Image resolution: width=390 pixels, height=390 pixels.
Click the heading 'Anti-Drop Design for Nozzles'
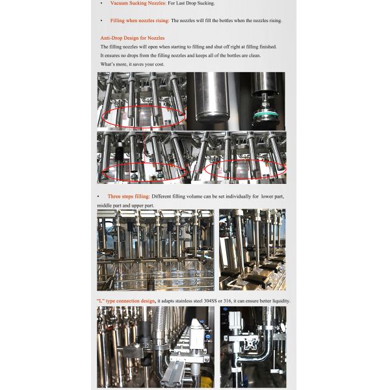(133, 38)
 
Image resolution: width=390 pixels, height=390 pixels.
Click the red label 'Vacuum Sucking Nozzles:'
(138, 3)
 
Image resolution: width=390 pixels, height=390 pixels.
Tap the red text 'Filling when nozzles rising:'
(140, 21)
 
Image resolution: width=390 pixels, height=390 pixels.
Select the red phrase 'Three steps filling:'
(129, 196)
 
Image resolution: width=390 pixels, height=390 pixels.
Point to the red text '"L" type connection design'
(126, 301)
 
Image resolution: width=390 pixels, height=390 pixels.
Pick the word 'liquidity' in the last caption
(281, 301)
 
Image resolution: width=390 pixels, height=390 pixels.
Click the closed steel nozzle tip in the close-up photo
(212, 118)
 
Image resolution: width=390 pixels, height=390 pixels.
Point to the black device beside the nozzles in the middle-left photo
(120, 152)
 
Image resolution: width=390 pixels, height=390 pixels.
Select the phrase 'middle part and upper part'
(125, 205)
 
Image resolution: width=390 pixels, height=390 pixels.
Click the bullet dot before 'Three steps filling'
(98, 197)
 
